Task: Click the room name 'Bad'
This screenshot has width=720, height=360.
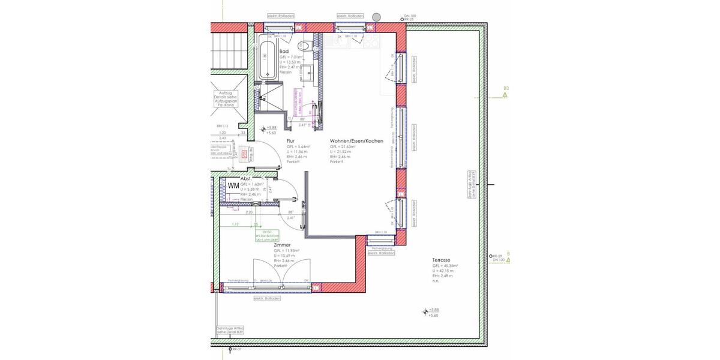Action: point(284,52)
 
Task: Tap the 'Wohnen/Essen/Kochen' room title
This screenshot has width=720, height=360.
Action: point(356,141)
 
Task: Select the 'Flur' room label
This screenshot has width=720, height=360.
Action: point(290,141)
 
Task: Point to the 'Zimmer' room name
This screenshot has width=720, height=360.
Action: point(282,245)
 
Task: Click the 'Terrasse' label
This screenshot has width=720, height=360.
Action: point(441,260)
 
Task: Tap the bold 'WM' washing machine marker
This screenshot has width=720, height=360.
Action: point(233,185)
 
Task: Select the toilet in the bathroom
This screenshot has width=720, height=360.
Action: point(304,46)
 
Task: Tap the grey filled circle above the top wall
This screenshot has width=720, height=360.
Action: point(376,17)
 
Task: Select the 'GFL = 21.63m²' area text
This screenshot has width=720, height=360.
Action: point(343,146)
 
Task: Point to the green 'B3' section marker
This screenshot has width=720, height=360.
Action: point(505,92)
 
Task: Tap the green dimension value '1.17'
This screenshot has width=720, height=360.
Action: point(235,224)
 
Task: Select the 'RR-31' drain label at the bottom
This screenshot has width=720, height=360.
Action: point(236,349)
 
